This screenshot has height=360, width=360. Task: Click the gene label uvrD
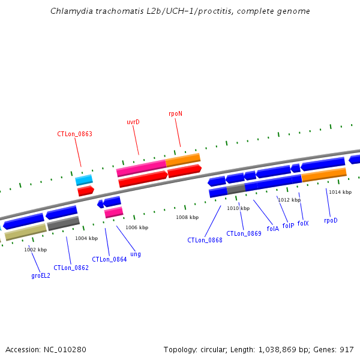(x=133, y=122)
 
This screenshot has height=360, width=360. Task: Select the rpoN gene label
(x=175, y=113)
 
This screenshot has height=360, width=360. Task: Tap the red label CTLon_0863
(x=74, y=134)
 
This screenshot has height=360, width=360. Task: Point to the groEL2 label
(x=41, y=275)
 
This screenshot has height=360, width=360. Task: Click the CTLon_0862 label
(x=71, y=268)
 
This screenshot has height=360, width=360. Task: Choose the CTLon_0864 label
(x=109, y=260)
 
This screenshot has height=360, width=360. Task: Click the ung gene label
(x=136, y=254)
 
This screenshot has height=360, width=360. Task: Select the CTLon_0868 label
(x=205, y=240)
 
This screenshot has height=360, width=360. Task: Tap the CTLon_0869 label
(x=244, y=233)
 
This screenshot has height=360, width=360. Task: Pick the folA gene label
(x=272, y=229)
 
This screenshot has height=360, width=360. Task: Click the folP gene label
(x=288, y=226)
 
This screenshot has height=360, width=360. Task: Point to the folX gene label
(x=303, y=223)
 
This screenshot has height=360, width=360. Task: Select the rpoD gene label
(x=331, y=220)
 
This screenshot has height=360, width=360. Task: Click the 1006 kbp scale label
(x=137, y=227)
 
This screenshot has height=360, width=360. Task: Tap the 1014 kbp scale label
(x=340, y=192)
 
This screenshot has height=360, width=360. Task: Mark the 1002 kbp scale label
(x=35, y=250)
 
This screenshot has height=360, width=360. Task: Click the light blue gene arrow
(x=84, y=179)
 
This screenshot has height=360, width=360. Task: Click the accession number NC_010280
(x=65, y=349)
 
